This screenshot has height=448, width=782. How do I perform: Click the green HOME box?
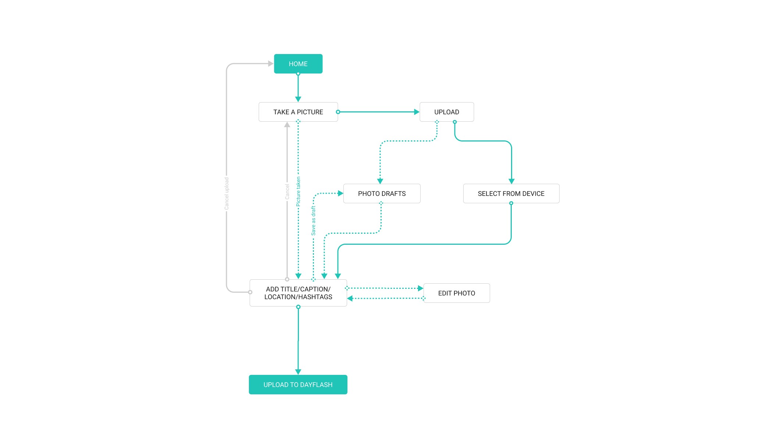(298, 64)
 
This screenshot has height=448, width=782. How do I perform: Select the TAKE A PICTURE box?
(298, 112)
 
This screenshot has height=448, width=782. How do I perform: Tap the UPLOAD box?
(447, 112)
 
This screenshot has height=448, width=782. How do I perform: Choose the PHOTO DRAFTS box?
(382, 194)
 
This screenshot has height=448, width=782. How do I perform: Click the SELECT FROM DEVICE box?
(511, 194)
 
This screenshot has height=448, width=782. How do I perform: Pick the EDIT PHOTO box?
(457, 293)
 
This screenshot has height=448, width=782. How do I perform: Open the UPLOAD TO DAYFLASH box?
(298, 385)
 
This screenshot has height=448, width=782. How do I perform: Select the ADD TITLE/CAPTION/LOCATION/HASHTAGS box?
(298, 293)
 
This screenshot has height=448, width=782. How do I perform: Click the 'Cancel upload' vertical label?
(226, 194)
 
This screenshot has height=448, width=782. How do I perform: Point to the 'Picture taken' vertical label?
(298, 191)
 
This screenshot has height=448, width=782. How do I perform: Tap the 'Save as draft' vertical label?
(313, 221)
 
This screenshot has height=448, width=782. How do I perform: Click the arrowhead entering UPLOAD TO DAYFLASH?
(298, 372)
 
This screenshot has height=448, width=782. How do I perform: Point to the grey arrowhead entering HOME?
(271, 64)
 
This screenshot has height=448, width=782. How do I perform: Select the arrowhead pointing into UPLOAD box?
(417, 112)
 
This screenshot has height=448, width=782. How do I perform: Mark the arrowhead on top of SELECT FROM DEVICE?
(511, 181)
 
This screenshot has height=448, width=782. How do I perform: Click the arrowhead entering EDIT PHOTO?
(421, 288)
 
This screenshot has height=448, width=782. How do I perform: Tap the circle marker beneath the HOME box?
(298, 74)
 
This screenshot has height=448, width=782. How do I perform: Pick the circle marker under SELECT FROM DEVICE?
(511, 203)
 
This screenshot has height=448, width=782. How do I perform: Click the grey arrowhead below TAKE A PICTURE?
(287, 125)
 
